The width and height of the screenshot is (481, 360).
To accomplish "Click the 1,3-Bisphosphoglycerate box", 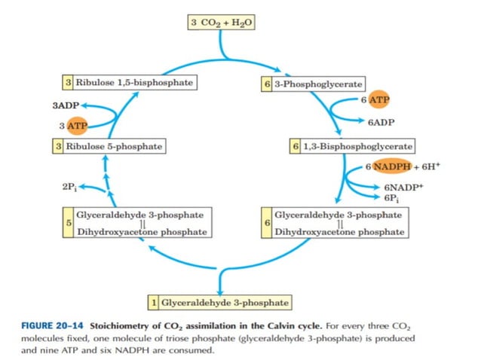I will coord(351,145).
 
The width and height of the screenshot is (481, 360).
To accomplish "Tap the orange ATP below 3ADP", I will coord(77,125).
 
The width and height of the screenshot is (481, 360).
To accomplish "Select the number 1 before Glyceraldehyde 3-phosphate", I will coord(153,303).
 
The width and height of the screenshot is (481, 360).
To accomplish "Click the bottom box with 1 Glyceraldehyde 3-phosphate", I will coord(219,303).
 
